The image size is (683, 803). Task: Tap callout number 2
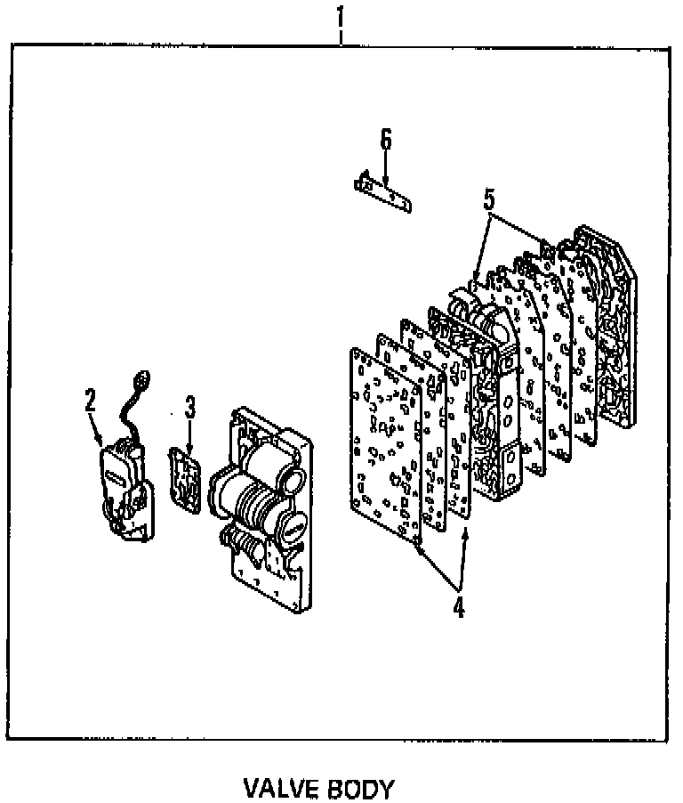click(x=89, y=401)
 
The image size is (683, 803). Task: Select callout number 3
click(x=189, y=408)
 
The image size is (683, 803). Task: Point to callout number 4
click(x=458, y=607)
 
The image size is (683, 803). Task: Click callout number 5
click(x=489, y=200)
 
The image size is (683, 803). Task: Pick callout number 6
click(x=385, y=141)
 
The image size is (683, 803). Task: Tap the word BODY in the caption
click(x=359, y=789)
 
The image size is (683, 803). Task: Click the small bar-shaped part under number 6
click(x=383, y=193)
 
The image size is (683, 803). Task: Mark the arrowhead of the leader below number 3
click(x=189, y=450)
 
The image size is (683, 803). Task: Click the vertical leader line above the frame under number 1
click(x=341, y=36)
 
